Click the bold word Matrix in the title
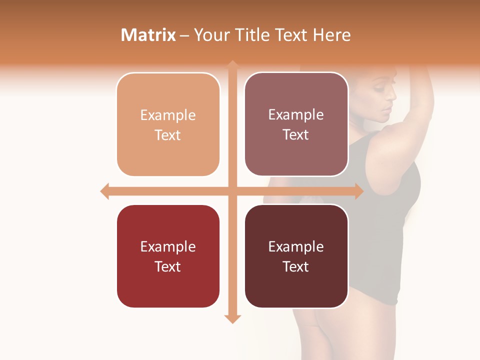148,35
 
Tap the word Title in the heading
251,35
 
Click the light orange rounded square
168,124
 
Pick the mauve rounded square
296,124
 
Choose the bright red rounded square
168,256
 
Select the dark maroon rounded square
296,256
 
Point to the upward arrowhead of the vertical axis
232,64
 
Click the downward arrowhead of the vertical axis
232,319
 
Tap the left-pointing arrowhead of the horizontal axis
104,191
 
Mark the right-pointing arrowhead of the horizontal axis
359,191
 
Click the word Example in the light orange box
168,115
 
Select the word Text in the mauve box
296,134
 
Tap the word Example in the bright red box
168,246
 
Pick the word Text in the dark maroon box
296,266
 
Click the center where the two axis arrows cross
232,191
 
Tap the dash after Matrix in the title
184,35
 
